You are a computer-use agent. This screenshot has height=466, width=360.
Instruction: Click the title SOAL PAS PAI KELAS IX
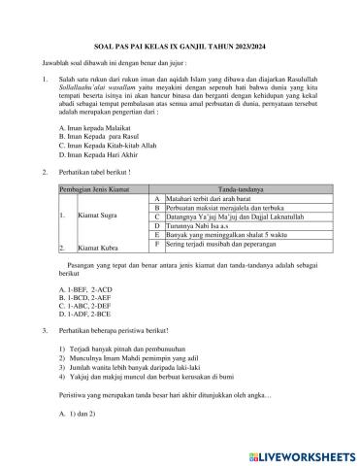[x=180, y=42]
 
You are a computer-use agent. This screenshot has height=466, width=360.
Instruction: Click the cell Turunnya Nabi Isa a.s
[x=198, y=224]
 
